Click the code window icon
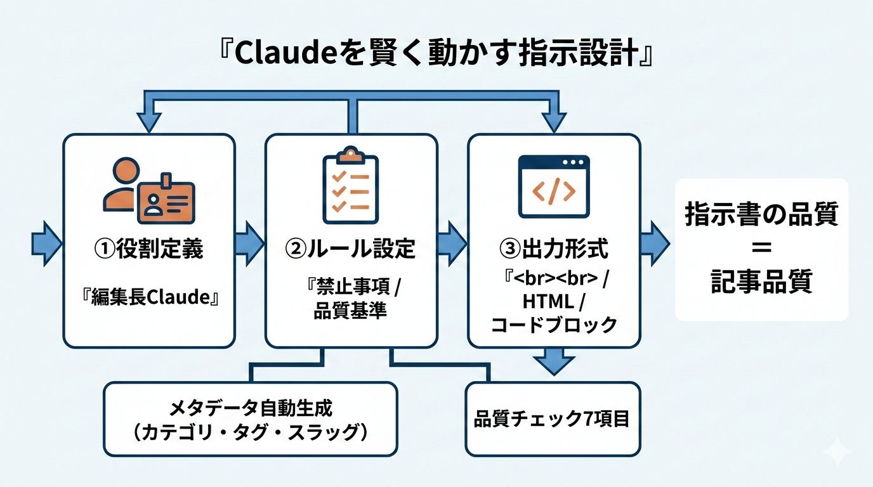pos(554,187)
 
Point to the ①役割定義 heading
pos(149,249)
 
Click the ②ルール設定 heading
pos(351,249)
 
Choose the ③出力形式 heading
pos(554,249)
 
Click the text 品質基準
pos(350,312)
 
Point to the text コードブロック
pos(554,325)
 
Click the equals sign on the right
pos(761,249)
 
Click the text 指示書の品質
pos(761,216)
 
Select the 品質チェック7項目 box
pos(552,419)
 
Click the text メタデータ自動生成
pos(251,407)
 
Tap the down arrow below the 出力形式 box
pos(554,363)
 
